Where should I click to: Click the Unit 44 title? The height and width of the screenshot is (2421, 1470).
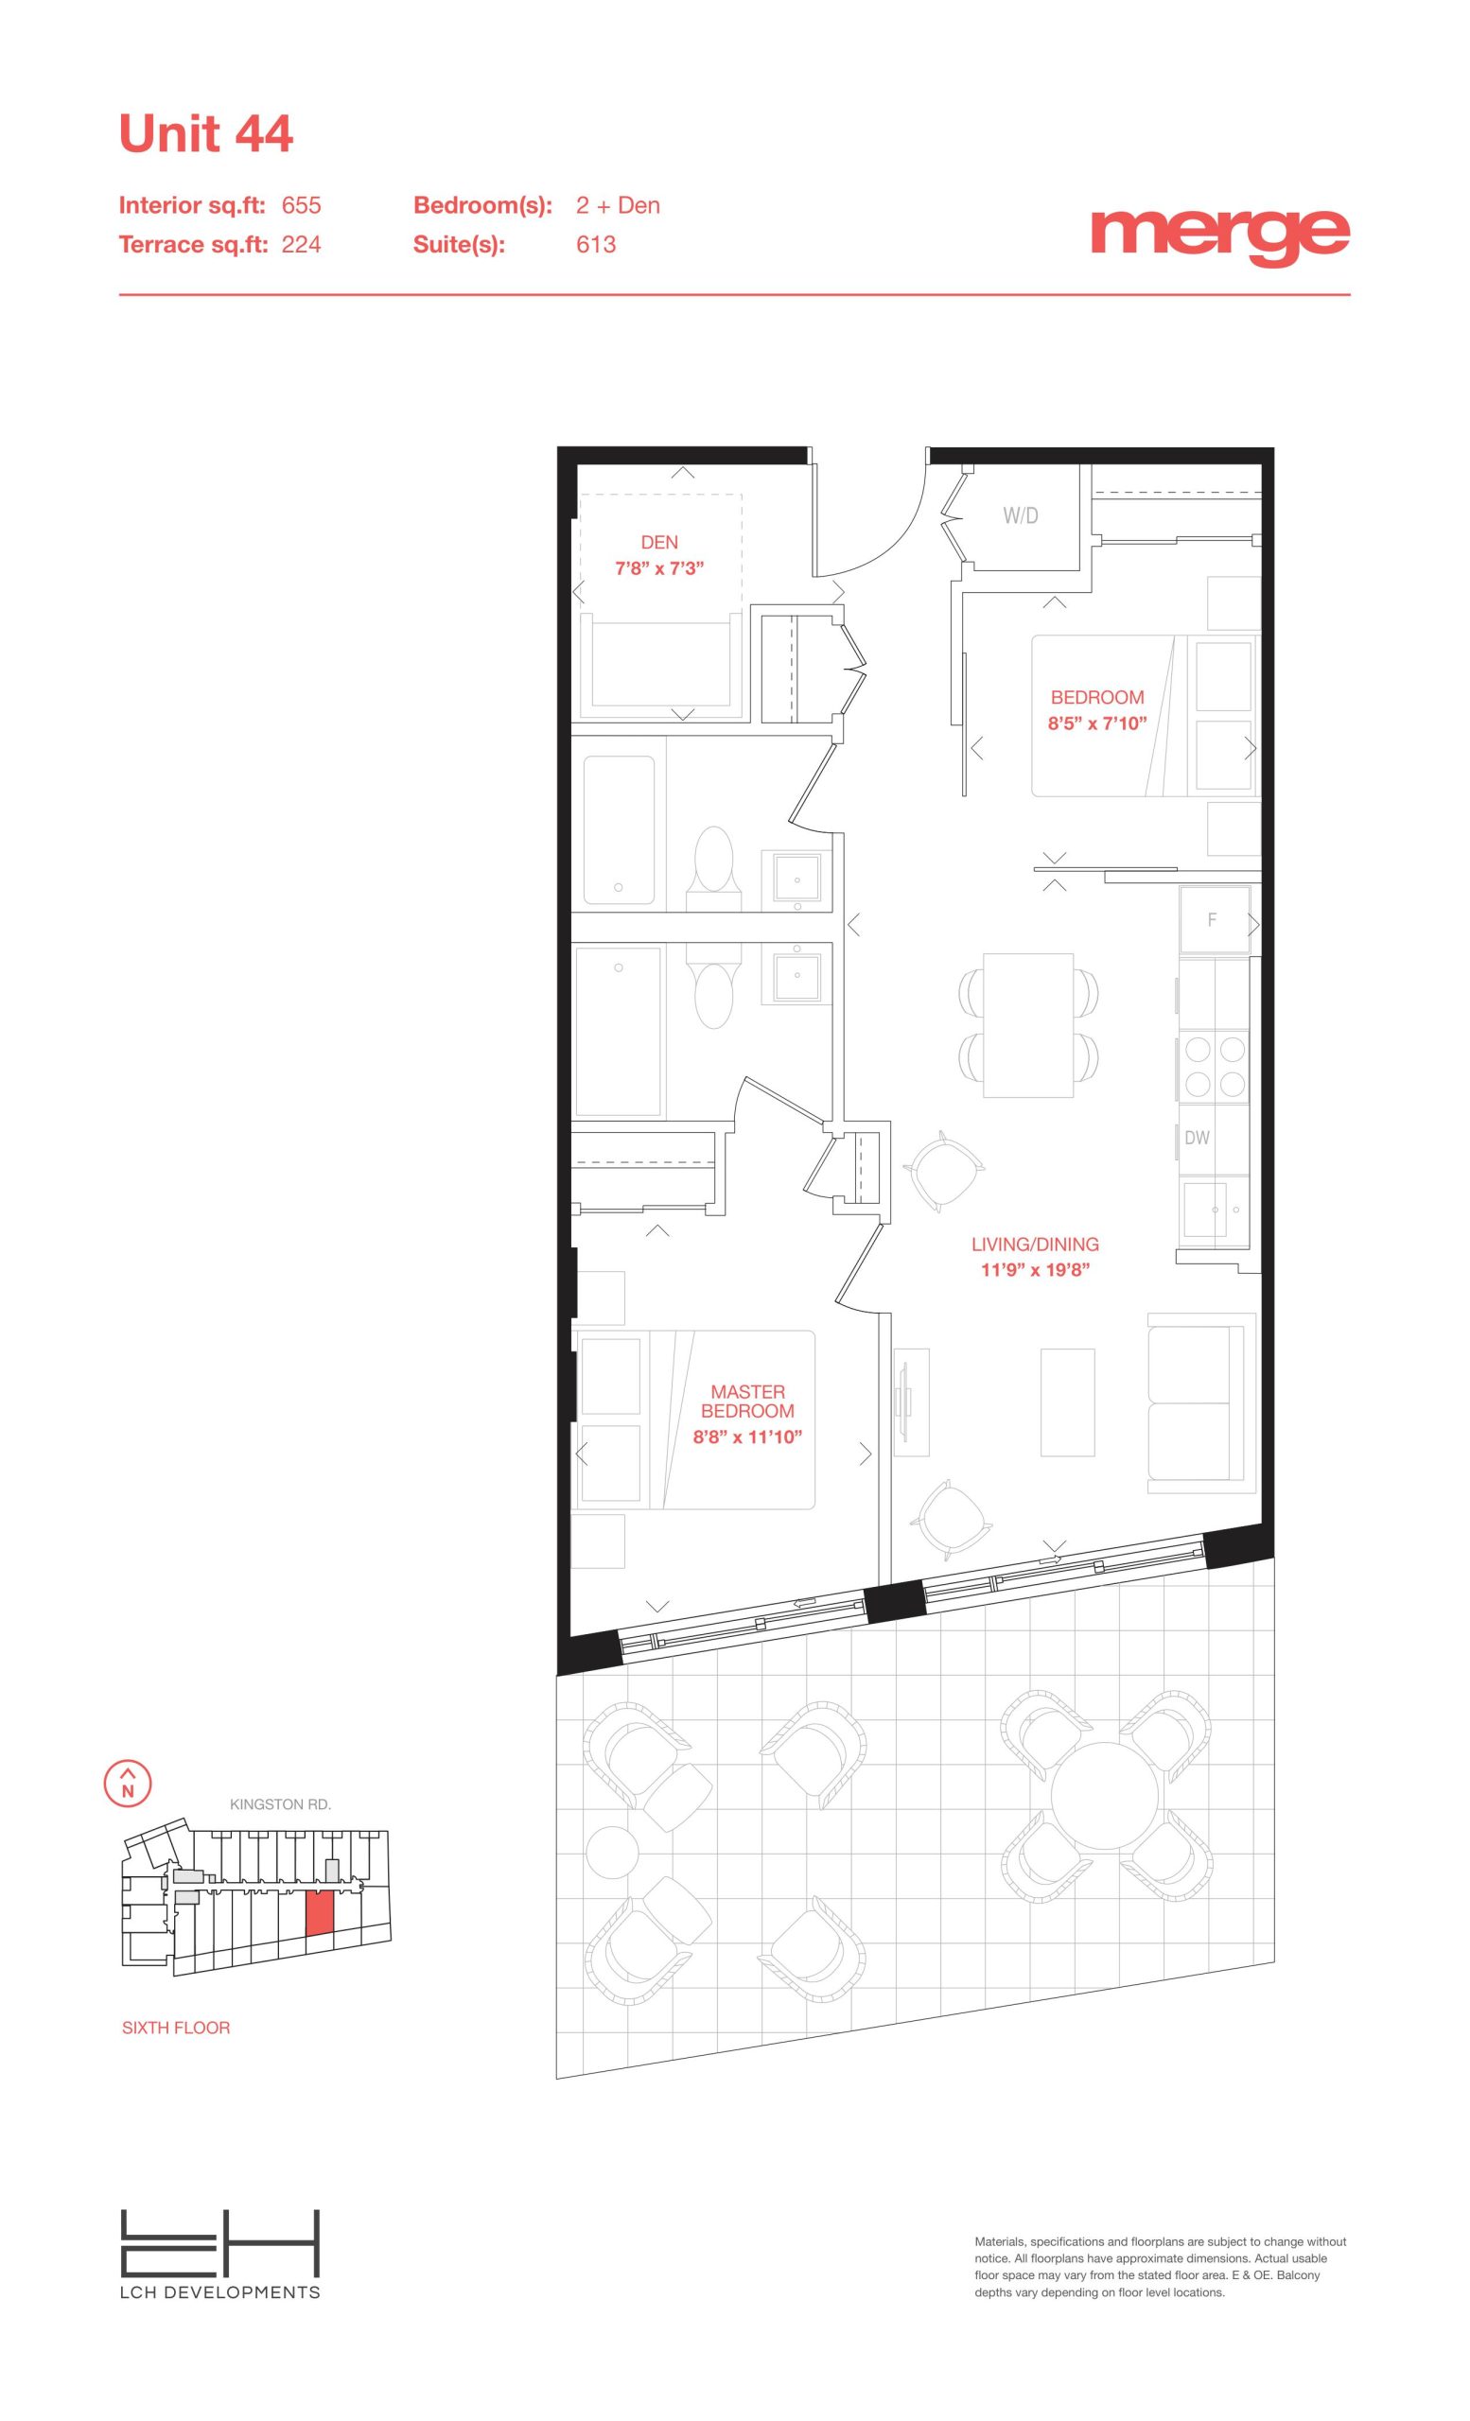(205, 133)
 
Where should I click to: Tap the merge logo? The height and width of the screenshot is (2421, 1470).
(1219, 235)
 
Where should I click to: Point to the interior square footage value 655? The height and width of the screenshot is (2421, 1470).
(301, 205)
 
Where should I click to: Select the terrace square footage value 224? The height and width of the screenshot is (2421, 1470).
(301, 245)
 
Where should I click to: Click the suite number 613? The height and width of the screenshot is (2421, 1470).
(595, 245)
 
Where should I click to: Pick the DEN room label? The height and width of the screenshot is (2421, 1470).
(659, 543)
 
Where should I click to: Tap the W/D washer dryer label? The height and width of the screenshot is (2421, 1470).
(1021, 514)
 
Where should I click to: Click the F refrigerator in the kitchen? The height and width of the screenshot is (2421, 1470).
(1215, 919)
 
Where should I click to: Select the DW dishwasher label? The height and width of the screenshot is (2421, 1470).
(1197, 1138)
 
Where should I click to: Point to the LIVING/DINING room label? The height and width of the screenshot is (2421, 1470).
(1035, 1244)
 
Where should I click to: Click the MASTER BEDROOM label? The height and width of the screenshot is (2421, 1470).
(748, 1402)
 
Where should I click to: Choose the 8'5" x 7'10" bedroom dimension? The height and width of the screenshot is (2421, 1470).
(1097, 723)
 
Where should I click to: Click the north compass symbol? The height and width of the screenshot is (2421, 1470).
(128, 1784)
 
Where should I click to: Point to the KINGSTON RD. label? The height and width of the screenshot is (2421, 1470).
(280, 1805)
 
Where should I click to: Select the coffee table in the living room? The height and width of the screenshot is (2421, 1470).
(1068, 1402)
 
